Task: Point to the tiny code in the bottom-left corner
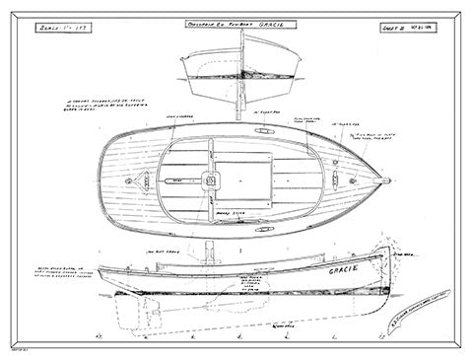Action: (x=15, y=350)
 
